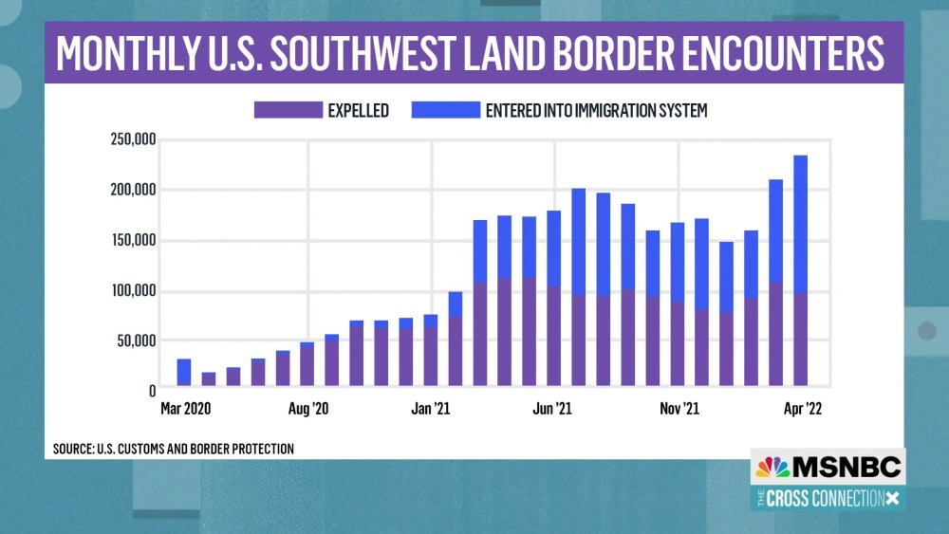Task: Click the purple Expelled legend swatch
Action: [286, 111]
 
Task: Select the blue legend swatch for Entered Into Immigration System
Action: [445, 111]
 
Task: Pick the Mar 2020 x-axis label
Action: [184, 409]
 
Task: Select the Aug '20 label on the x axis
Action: [307, 409]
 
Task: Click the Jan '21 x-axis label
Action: [430, 409]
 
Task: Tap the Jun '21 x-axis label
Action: [553, 409]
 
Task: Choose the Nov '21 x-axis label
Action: [677, 409]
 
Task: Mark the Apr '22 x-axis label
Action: [800, 409]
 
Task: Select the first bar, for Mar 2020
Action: [184, 373]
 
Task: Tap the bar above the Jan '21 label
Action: [430, 351]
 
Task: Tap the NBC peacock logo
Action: [772, 467]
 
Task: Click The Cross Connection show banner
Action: [827, 498]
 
